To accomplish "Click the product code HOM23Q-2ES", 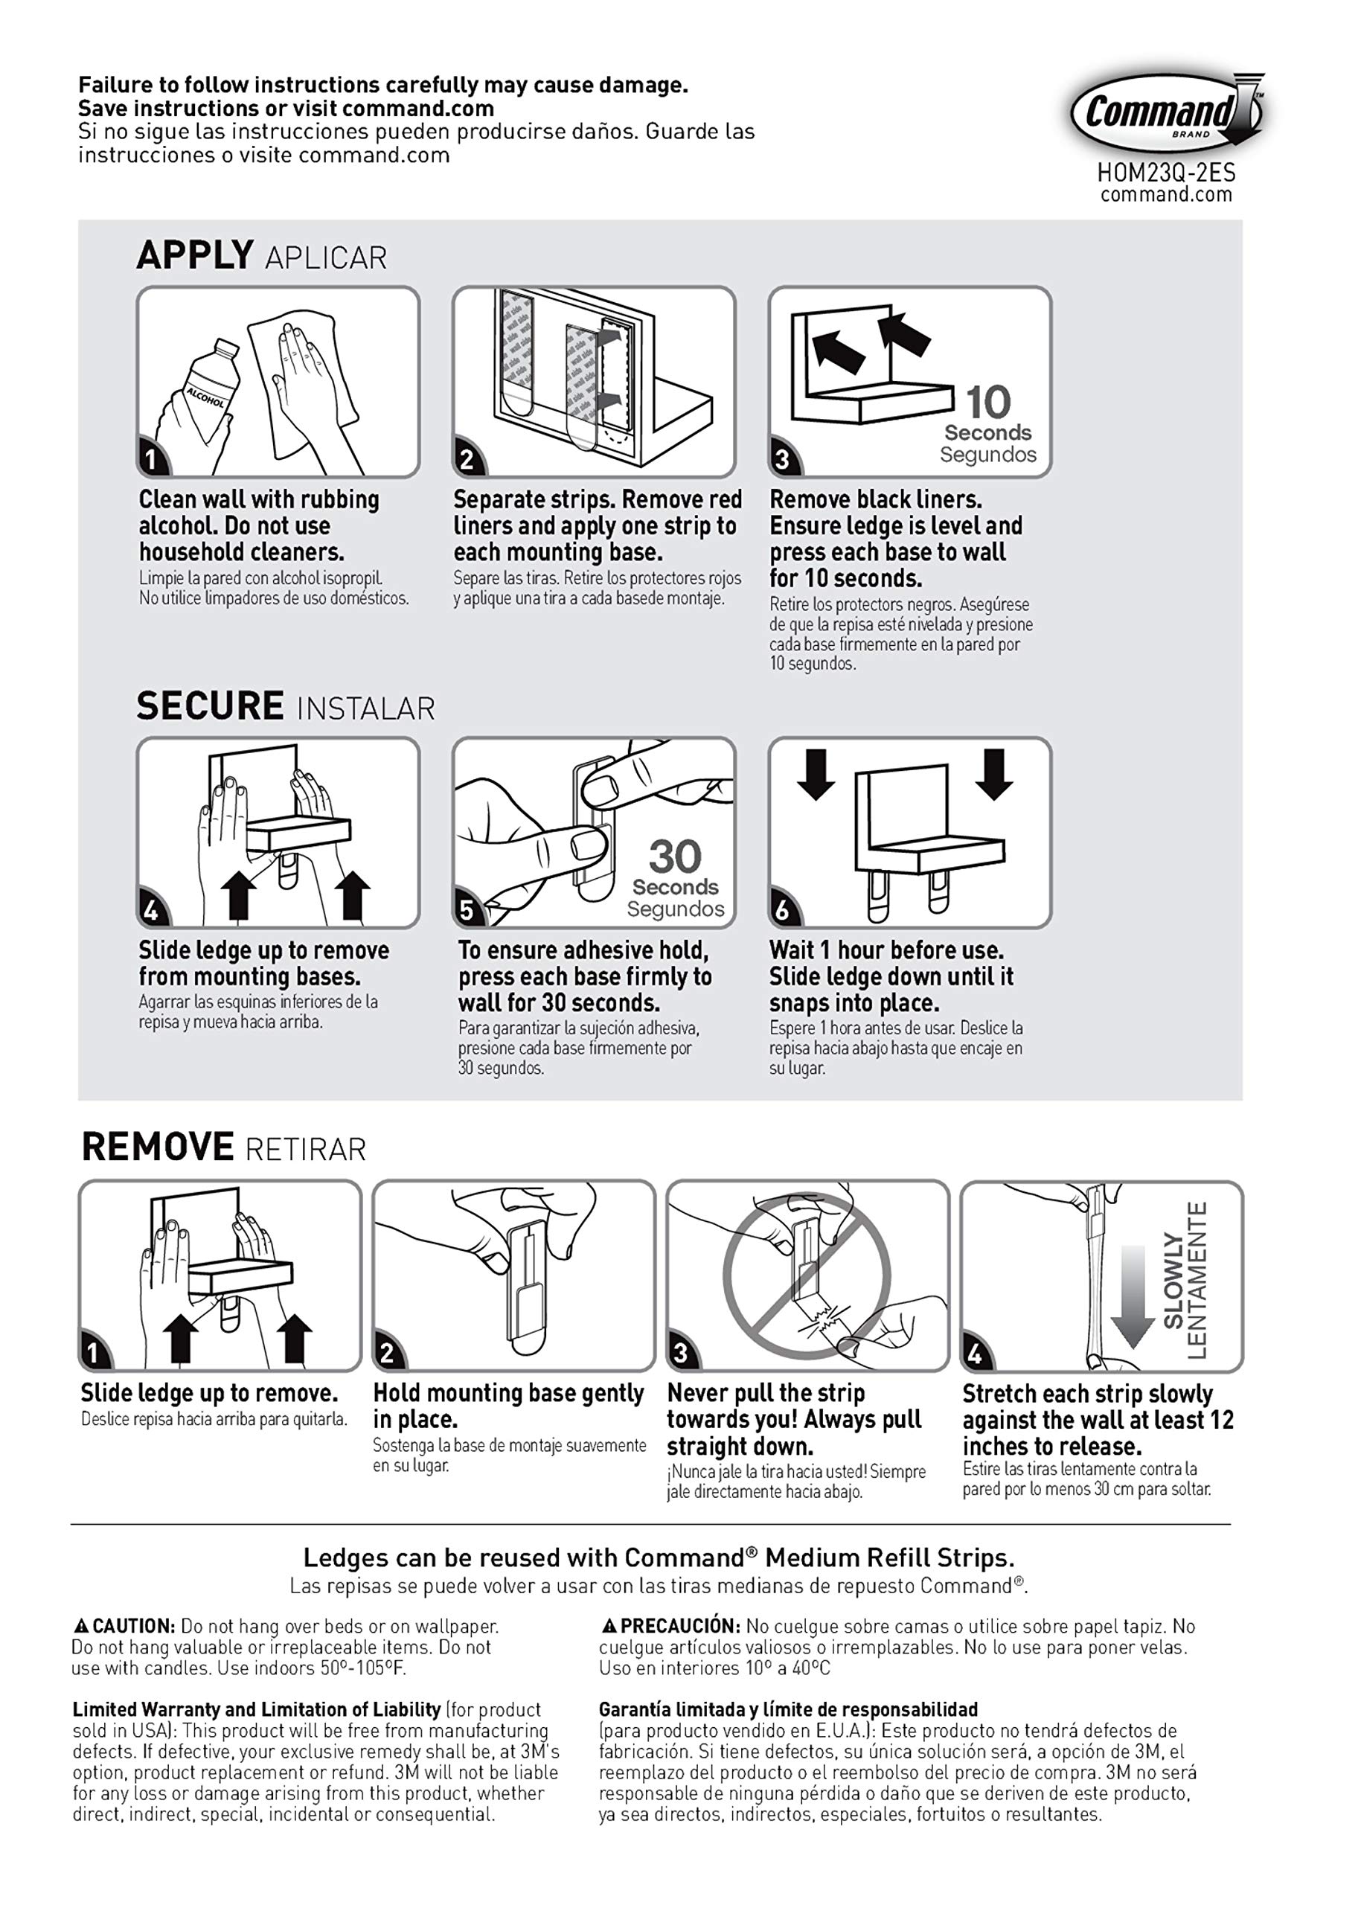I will point(1166,173).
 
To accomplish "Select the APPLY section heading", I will point(194,254).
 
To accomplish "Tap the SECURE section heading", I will point(210,705).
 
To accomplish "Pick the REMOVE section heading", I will point(158,1147).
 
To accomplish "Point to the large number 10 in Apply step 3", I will point(988,403).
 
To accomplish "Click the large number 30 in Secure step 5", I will point(675,857).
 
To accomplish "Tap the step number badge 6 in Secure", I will point(783,910).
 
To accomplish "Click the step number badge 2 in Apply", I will point(467,459).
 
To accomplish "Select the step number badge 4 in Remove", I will point(975,1354).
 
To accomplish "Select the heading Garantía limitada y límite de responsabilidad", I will point(788,1709).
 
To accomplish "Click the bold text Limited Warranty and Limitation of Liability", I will point(257,1709).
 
